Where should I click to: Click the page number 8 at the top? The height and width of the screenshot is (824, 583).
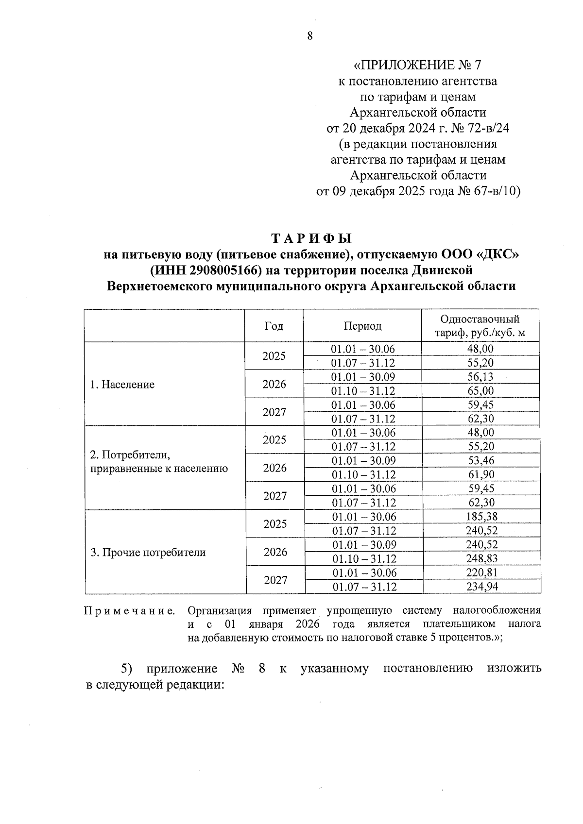(310, 36)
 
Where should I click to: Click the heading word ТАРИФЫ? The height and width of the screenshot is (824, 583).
(311, 239)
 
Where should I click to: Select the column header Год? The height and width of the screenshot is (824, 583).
(274, 326)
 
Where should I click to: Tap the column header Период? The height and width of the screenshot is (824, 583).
(362, 326)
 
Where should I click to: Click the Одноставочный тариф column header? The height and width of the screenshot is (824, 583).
(480, 326)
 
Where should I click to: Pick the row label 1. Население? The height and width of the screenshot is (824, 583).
(122, 385)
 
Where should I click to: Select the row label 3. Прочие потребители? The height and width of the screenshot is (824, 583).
(148, 553)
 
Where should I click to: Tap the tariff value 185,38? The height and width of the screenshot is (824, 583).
(481, 517)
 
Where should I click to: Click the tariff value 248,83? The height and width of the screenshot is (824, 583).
(481, 559)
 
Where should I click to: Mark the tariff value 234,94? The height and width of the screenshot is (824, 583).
(482, 587)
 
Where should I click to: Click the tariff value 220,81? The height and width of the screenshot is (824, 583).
(482, 573)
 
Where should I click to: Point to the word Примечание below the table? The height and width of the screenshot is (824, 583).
(130, 611)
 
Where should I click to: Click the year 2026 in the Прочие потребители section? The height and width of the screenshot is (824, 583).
(275, 553)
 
